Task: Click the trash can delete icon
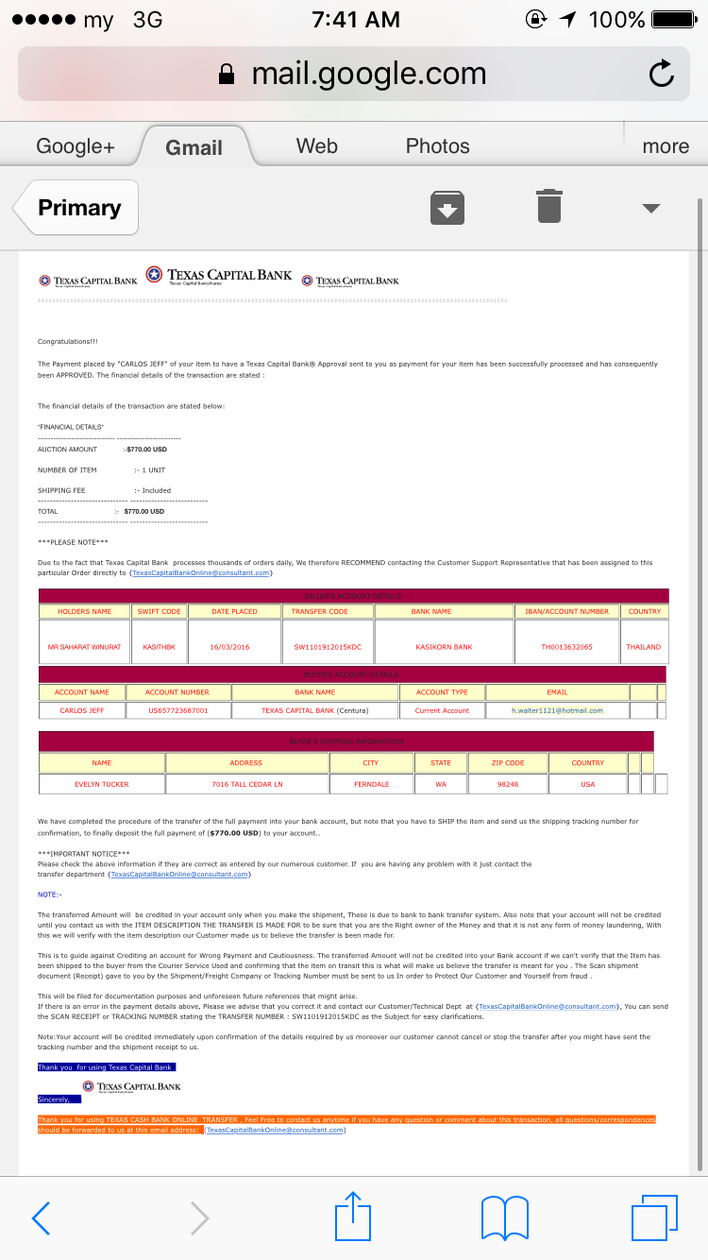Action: click(549, 207)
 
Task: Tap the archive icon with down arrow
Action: click(447, 208)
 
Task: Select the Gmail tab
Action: click(194, 147)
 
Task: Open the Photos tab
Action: click(437, 146)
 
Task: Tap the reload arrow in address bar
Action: click(661, 75)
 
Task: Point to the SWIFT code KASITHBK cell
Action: click(159, 647)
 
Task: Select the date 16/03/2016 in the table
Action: click(233, 647)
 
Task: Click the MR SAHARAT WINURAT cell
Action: click(84, 647)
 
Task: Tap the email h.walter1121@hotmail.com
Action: click(557, 710)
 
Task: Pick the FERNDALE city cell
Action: click(371, 784)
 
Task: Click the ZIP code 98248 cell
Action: click(508, 784)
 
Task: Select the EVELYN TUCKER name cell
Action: click(102, 784)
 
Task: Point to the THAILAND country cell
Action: click(644, 647)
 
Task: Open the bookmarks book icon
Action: click(504, 1218)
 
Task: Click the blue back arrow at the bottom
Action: click(42, 1218)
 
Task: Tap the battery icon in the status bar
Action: click(673, 19)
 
